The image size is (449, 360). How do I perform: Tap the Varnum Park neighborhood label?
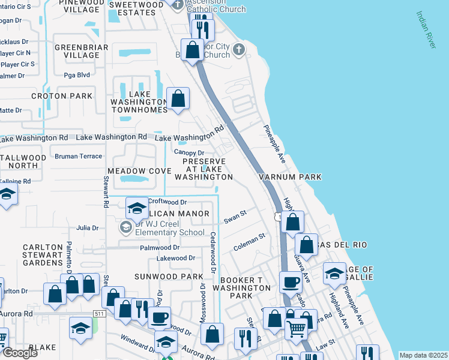[x=290, y=177]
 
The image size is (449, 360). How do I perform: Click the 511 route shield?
[x=100, y=314]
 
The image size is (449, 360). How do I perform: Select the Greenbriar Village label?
[x=81, y=51]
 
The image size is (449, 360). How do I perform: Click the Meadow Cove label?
[x=139, y=171]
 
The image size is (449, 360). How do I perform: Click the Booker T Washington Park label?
[x=245, y=288]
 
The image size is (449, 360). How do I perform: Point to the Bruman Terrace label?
[x=78, y=156]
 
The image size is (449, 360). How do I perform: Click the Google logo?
[x=20, y=352]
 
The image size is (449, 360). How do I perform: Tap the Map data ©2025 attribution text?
[x=423, y=355]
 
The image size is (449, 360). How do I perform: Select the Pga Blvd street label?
[x=76, y=75]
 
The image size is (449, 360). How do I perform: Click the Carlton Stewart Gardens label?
[x=43, y=255]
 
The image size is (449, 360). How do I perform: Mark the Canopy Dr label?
[x=190, y=152]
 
